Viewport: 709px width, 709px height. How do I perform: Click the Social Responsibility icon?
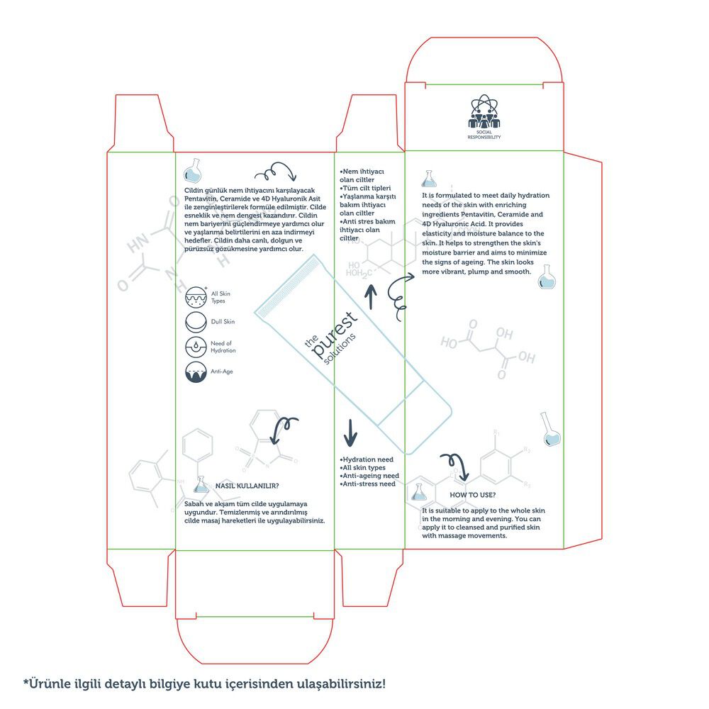pos(484,112)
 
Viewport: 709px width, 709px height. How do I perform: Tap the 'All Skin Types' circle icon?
pos(196,297)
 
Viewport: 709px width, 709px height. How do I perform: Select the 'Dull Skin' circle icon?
pos(196,322)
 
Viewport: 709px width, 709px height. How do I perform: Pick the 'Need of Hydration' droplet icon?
pos(196,347)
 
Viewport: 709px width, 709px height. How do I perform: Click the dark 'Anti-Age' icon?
pos(196,372)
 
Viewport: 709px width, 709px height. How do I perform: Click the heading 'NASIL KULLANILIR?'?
pos(247,486)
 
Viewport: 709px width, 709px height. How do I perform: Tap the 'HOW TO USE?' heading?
pos(472,495)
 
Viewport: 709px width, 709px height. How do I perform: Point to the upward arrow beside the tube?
pos(371,296)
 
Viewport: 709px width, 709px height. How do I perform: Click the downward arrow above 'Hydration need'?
pos(350,432)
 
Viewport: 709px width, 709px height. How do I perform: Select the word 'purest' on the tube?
pos(335,335)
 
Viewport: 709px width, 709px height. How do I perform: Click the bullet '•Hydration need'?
pos(367,459)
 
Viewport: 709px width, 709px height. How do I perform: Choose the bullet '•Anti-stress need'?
pos(367,484)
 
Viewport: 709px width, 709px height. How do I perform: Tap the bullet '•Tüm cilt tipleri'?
pos(365,188)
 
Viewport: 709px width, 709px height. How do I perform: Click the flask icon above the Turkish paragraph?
pos(193,170)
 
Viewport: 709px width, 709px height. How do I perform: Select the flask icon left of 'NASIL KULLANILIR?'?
pos(201,485)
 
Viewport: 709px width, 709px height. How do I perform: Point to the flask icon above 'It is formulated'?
pos(429,179)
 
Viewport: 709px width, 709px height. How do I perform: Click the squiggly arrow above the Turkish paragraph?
pos(275,172)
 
